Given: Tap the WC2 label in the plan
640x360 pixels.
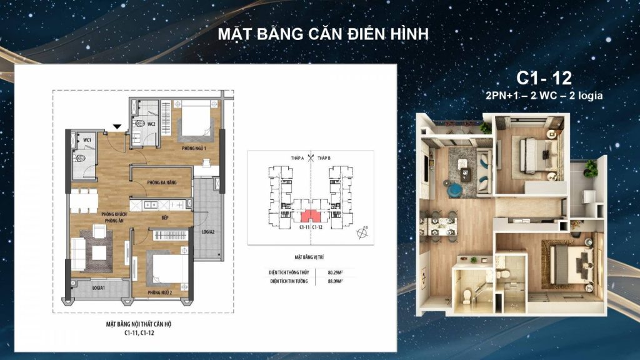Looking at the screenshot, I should tap(151, 124).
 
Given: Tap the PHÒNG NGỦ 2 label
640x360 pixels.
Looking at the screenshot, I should tap(160, 292).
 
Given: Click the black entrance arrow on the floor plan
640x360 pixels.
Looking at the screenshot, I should tap(117, 127).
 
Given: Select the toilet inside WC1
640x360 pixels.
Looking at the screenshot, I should tap(79, 157).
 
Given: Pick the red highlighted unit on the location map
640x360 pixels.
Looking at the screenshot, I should tap(307, 216).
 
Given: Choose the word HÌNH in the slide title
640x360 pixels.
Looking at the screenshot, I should tap(408, 34).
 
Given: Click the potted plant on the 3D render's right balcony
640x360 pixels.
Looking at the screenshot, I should tap(589, 167).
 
